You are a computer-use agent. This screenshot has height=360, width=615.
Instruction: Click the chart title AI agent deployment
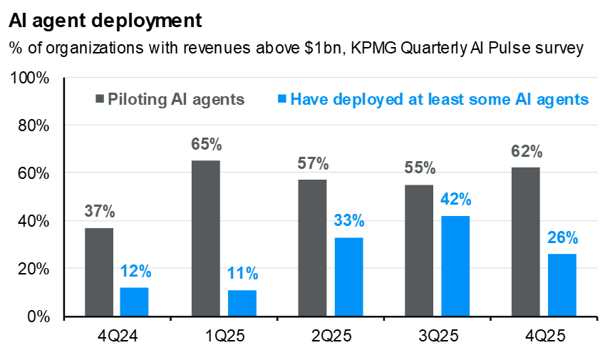105,21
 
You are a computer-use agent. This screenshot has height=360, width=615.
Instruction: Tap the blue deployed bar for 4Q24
134,302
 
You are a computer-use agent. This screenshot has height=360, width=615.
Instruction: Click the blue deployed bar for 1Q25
242,304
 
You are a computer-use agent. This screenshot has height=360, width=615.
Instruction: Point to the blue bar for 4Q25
562,285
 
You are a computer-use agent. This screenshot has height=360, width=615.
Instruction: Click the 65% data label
206,145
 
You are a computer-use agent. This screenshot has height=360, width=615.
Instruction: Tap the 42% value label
455,200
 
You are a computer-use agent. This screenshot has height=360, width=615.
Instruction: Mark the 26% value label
562,238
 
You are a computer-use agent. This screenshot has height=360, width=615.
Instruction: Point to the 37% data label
99,212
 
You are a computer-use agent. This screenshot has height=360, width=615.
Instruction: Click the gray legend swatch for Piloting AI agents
100,99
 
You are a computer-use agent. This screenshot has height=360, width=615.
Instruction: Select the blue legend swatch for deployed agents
282,99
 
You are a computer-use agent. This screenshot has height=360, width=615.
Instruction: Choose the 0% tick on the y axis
36,317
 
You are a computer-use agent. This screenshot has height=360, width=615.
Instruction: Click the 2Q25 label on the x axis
330,335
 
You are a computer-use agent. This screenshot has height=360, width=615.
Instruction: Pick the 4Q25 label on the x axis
544,335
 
